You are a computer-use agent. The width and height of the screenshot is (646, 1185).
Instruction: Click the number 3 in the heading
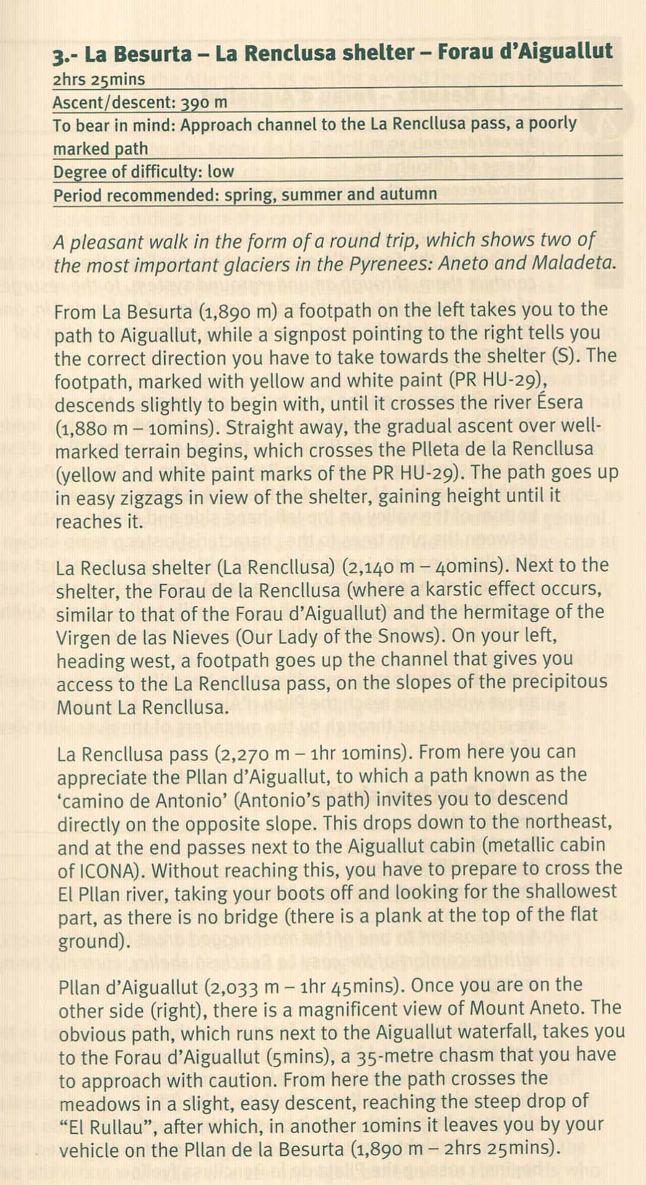(58, 56)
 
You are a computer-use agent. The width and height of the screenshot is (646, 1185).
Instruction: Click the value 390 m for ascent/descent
(204, 102)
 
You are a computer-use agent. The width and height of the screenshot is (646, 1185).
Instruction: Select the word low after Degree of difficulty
(220, 172)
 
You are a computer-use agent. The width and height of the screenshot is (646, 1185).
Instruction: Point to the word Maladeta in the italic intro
(571, 263)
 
